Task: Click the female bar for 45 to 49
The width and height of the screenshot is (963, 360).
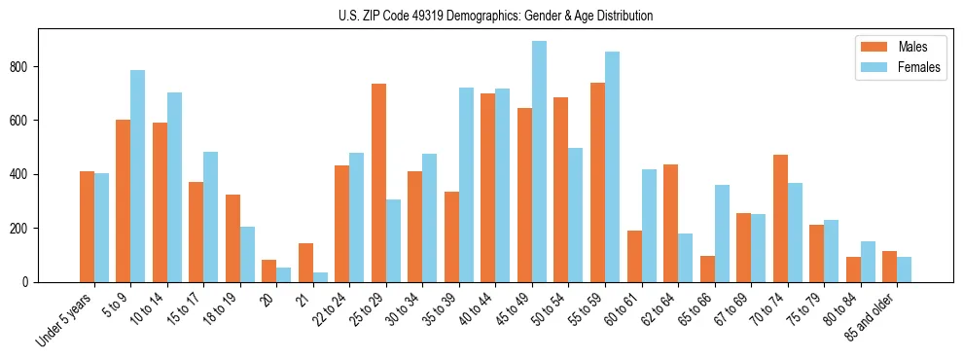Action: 539,162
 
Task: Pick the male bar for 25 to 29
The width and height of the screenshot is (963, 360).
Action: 378,183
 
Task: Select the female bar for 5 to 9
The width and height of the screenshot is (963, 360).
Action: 138,176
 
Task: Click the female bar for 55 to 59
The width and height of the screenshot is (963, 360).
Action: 612,167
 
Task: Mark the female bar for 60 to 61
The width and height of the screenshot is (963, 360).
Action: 649,226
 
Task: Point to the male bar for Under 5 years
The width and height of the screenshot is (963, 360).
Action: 87,227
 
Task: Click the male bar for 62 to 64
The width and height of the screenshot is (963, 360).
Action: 671,224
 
